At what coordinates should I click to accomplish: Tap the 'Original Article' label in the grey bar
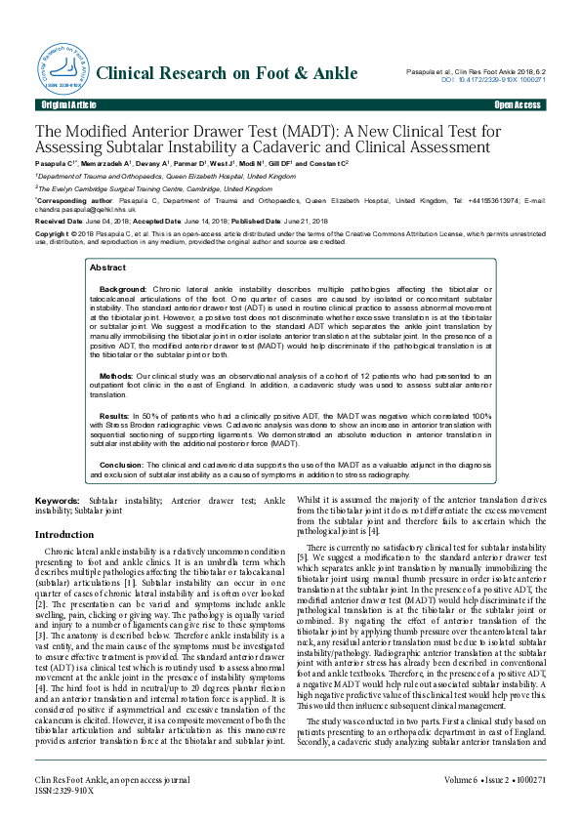tap(68, 104)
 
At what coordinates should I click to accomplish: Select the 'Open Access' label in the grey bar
tap(518, 104)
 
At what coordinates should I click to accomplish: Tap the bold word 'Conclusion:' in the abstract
tap(122, 465)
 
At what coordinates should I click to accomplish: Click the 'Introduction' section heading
tap(64, 535)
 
